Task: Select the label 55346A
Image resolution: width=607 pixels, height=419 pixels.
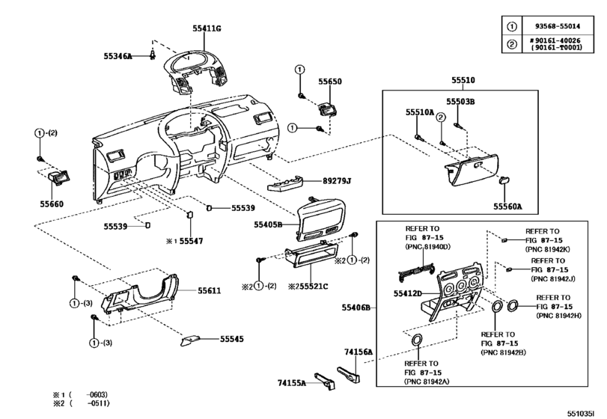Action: point(118,56)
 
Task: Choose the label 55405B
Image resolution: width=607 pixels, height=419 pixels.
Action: point(268,224)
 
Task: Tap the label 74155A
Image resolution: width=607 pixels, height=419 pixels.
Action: point(293,382)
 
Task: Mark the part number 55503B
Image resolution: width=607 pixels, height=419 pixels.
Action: point(462,100)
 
